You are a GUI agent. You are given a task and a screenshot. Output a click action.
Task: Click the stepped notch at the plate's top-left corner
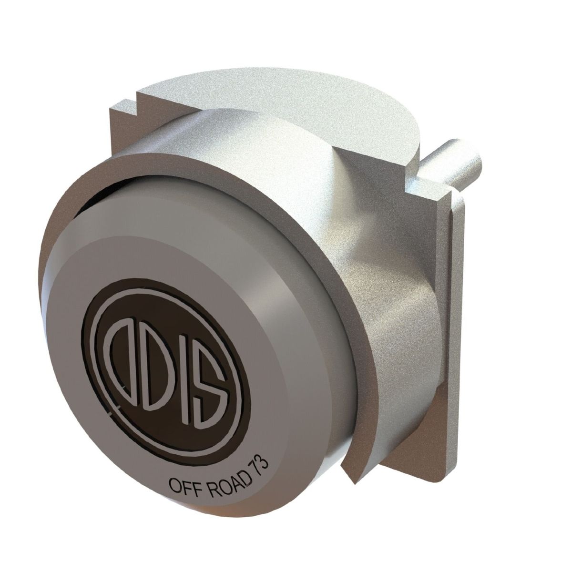click(x=125, y=102)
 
